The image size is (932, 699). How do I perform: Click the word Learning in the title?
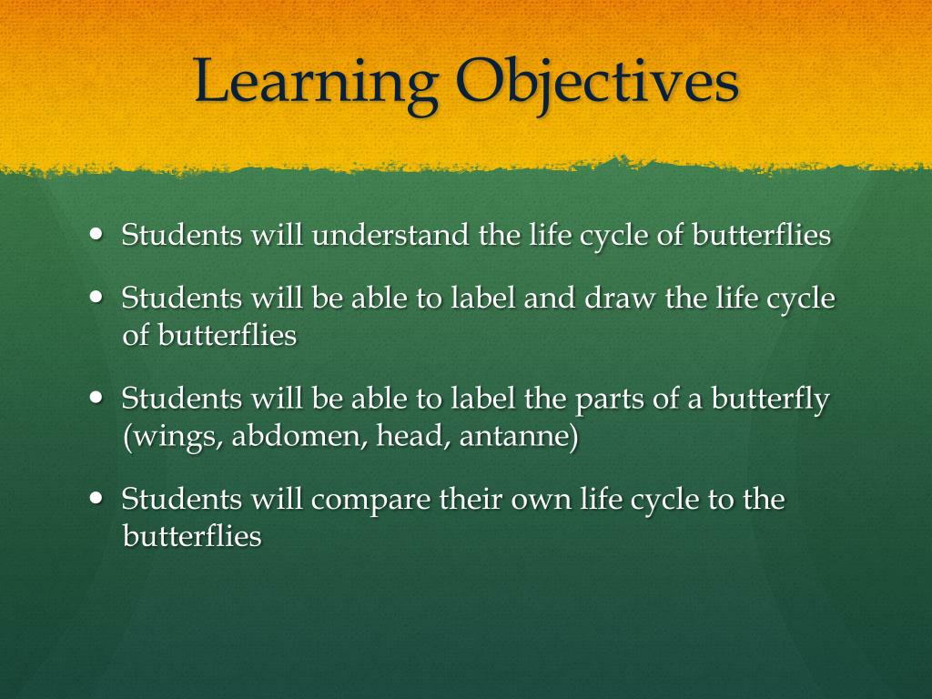tap(315, 82)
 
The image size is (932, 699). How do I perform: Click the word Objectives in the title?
tap(597, 82)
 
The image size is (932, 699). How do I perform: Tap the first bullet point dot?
tap(98, 233)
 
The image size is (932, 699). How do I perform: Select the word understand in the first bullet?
tap(393, 236)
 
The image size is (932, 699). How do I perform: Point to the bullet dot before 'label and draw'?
tap(98, 297)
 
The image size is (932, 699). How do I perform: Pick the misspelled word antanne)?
tap(519, 438)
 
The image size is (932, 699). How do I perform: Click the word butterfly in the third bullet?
tap(770, 400)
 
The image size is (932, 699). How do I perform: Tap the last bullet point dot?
tap(98, 498)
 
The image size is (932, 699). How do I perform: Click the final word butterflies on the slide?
tap(192, 536)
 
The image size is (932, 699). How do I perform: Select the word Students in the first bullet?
tap(182, 236)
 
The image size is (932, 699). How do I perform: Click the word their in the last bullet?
tap(472, 500)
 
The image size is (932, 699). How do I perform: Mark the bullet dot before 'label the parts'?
tap(98, 398)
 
